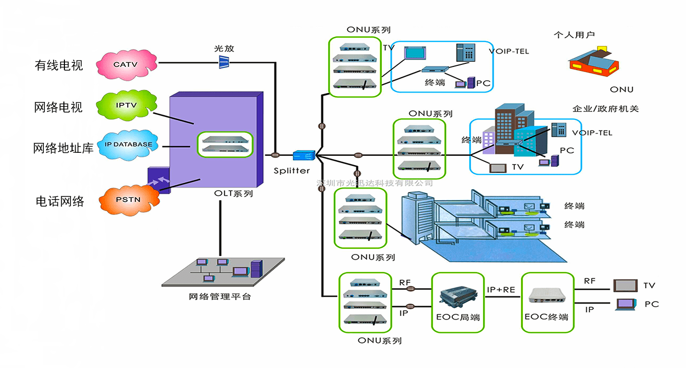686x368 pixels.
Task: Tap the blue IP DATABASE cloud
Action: click(128, 145)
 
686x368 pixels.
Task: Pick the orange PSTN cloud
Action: click(128, 199)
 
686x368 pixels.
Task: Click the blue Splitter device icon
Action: click(303, 155)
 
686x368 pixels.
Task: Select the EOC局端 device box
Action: click(458, 302)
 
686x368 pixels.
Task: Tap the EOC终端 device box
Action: click(546, 302)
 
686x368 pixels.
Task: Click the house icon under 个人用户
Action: click(594, 62)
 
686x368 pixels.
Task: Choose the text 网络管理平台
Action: click(220, 296)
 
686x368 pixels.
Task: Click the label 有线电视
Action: click(59, 65)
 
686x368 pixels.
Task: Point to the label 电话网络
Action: click(59, 201)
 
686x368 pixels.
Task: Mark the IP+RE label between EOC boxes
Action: click(501, 289)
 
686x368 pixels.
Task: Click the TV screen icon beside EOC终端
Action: click(625, 285)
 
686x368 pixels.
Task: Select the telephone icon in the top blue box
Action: click(465, 52)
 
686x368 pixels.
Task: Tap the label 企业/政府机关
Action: click(605, 109)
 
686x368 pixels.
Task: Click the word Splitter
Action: click(291, 170)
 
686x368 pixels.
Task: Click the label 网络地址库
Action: click(63, 148)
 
